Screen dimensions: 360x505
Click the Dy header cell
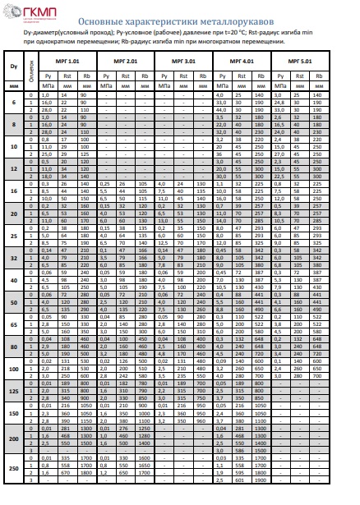coord(13,66)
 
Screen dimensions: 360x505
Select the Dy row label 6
coord(13,102)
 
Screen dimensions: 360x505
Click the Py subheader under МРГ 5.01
coord(281,76)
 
